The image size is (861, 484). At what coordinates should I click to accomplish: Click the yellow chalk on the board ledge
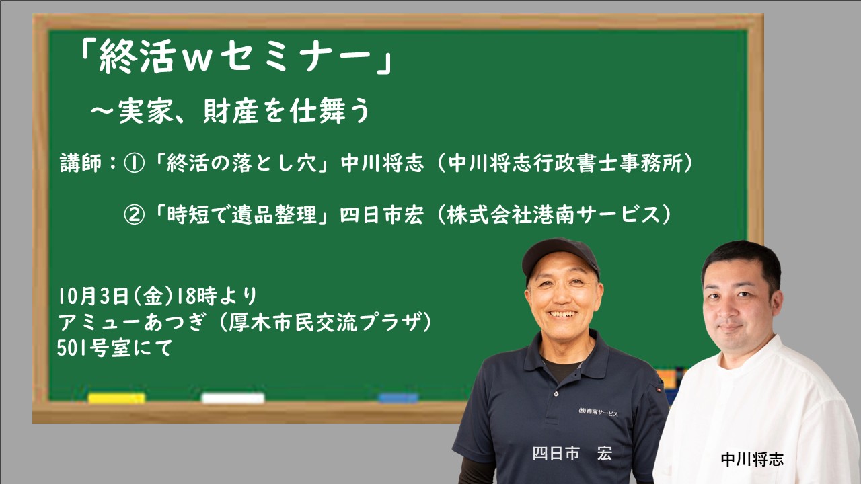coord(116,398)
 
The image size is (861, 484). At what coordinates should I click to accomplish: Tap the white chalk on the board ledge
coord(233,398)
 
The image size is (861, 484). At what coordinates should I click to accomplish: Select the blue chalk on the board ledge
coord(398,398)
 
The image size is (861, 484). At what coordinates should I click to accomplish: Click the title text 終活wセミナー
coord(235,57)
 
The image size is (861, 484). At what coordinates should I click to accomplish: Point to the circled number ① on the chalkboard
coord(134,164)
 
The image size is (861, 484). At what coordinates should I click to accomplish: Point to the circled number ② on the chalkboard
coord(134,215)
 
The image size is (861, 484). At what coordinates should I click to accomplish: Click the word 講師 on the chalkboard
coord(81,163)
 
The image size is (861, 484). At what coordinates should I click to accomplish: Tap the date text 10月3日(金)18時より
coord(157,296)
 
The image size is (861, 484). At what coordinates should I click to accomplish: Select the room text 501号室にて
coord(115,348)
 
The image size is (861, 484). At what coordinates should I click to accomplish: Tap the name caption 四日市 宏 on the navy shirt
coord(572,454)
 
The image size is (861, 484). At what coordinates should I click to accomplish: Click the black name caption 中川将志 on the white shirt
coord(752,459)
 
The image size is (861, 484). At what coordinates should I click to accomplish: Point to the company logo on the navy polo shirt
coord(598,412)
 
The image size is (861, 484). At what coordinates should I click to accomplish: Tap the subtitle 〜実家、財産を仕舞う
coord(230,112)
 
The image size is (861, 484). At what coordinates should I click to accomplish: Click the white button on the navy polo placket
coord(556,394)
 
